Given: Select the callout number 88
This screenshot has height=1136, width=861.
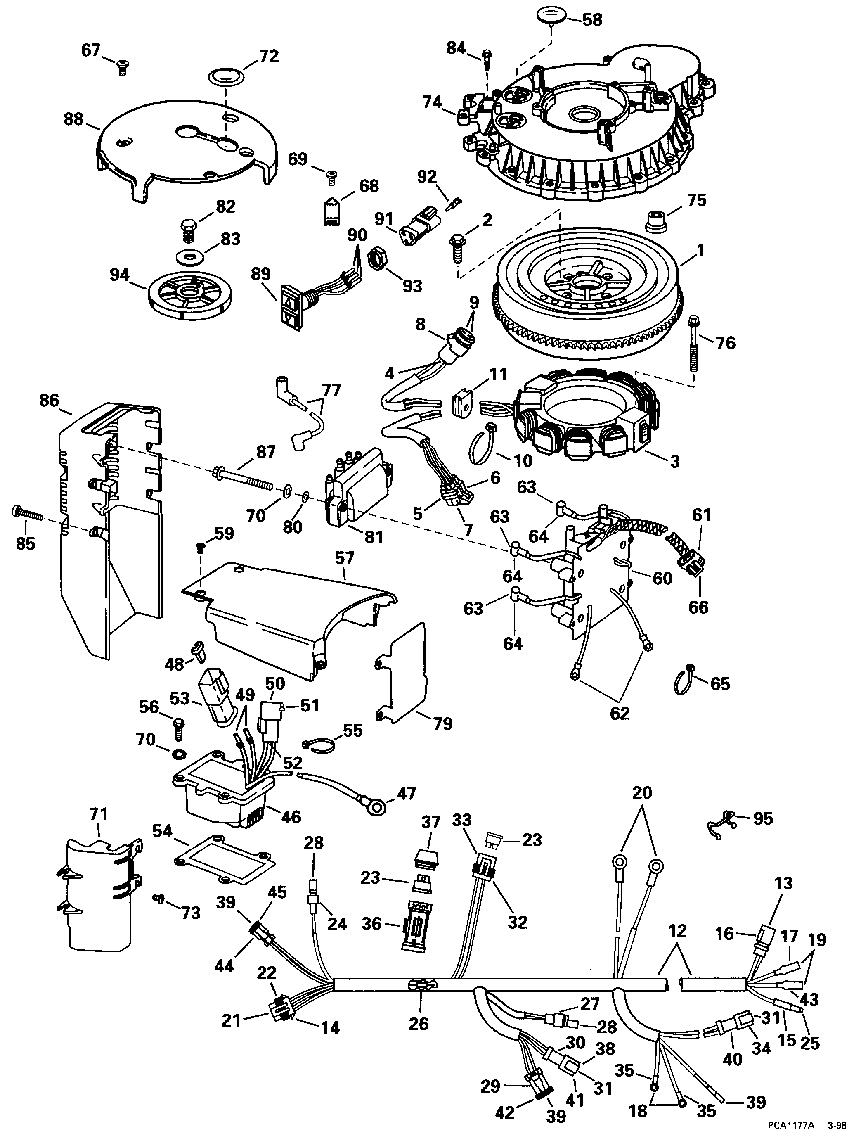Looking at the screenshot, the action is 74,119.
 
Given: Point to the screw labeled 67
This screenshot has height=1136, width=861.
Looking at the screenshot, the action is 122,67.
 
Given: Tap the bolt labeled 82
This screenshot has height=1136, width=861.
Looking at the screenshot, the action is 189,232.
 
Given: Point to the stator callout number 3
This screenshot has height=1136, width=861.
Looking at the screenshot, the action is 674,461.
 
